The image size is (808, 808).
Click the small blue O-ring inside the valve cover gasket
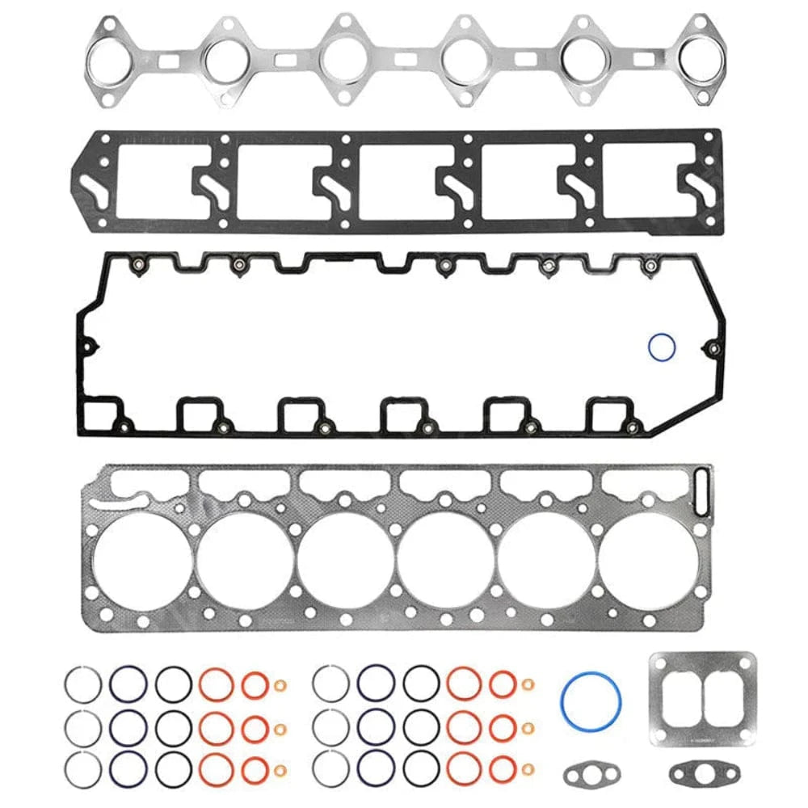(662, 348)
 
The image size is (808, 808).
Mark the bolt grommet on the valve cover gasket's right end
(713, 349)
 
